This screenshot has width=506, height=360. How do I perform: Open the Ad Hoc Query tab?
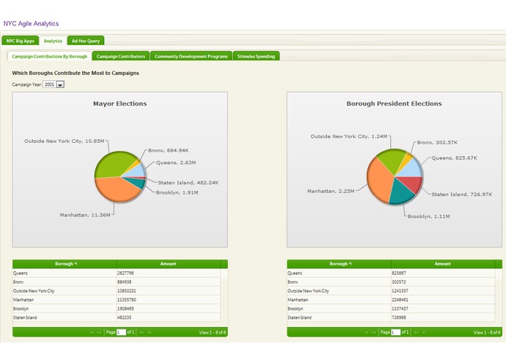86,41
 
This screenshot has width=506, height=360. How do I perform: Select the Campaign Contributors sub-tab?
121,56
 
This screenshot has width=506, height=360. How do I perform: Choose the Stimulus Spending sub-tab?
256,56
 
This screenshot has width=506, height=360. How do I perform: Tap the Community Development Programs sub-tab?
191,56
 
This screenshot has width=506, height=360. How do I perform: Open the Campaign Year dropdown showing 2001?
54,85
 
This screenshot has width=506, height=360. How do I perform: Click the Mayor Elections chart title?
119,103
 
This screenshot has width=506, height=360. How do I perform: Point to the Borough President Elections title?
394,103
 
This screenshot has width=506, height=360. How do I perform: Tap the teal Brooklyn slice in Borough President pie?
399,193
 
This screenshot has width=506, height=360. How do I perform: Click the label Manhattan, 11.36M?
84,214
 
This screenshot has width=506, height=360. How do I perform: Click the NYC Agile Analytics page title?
31,23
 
